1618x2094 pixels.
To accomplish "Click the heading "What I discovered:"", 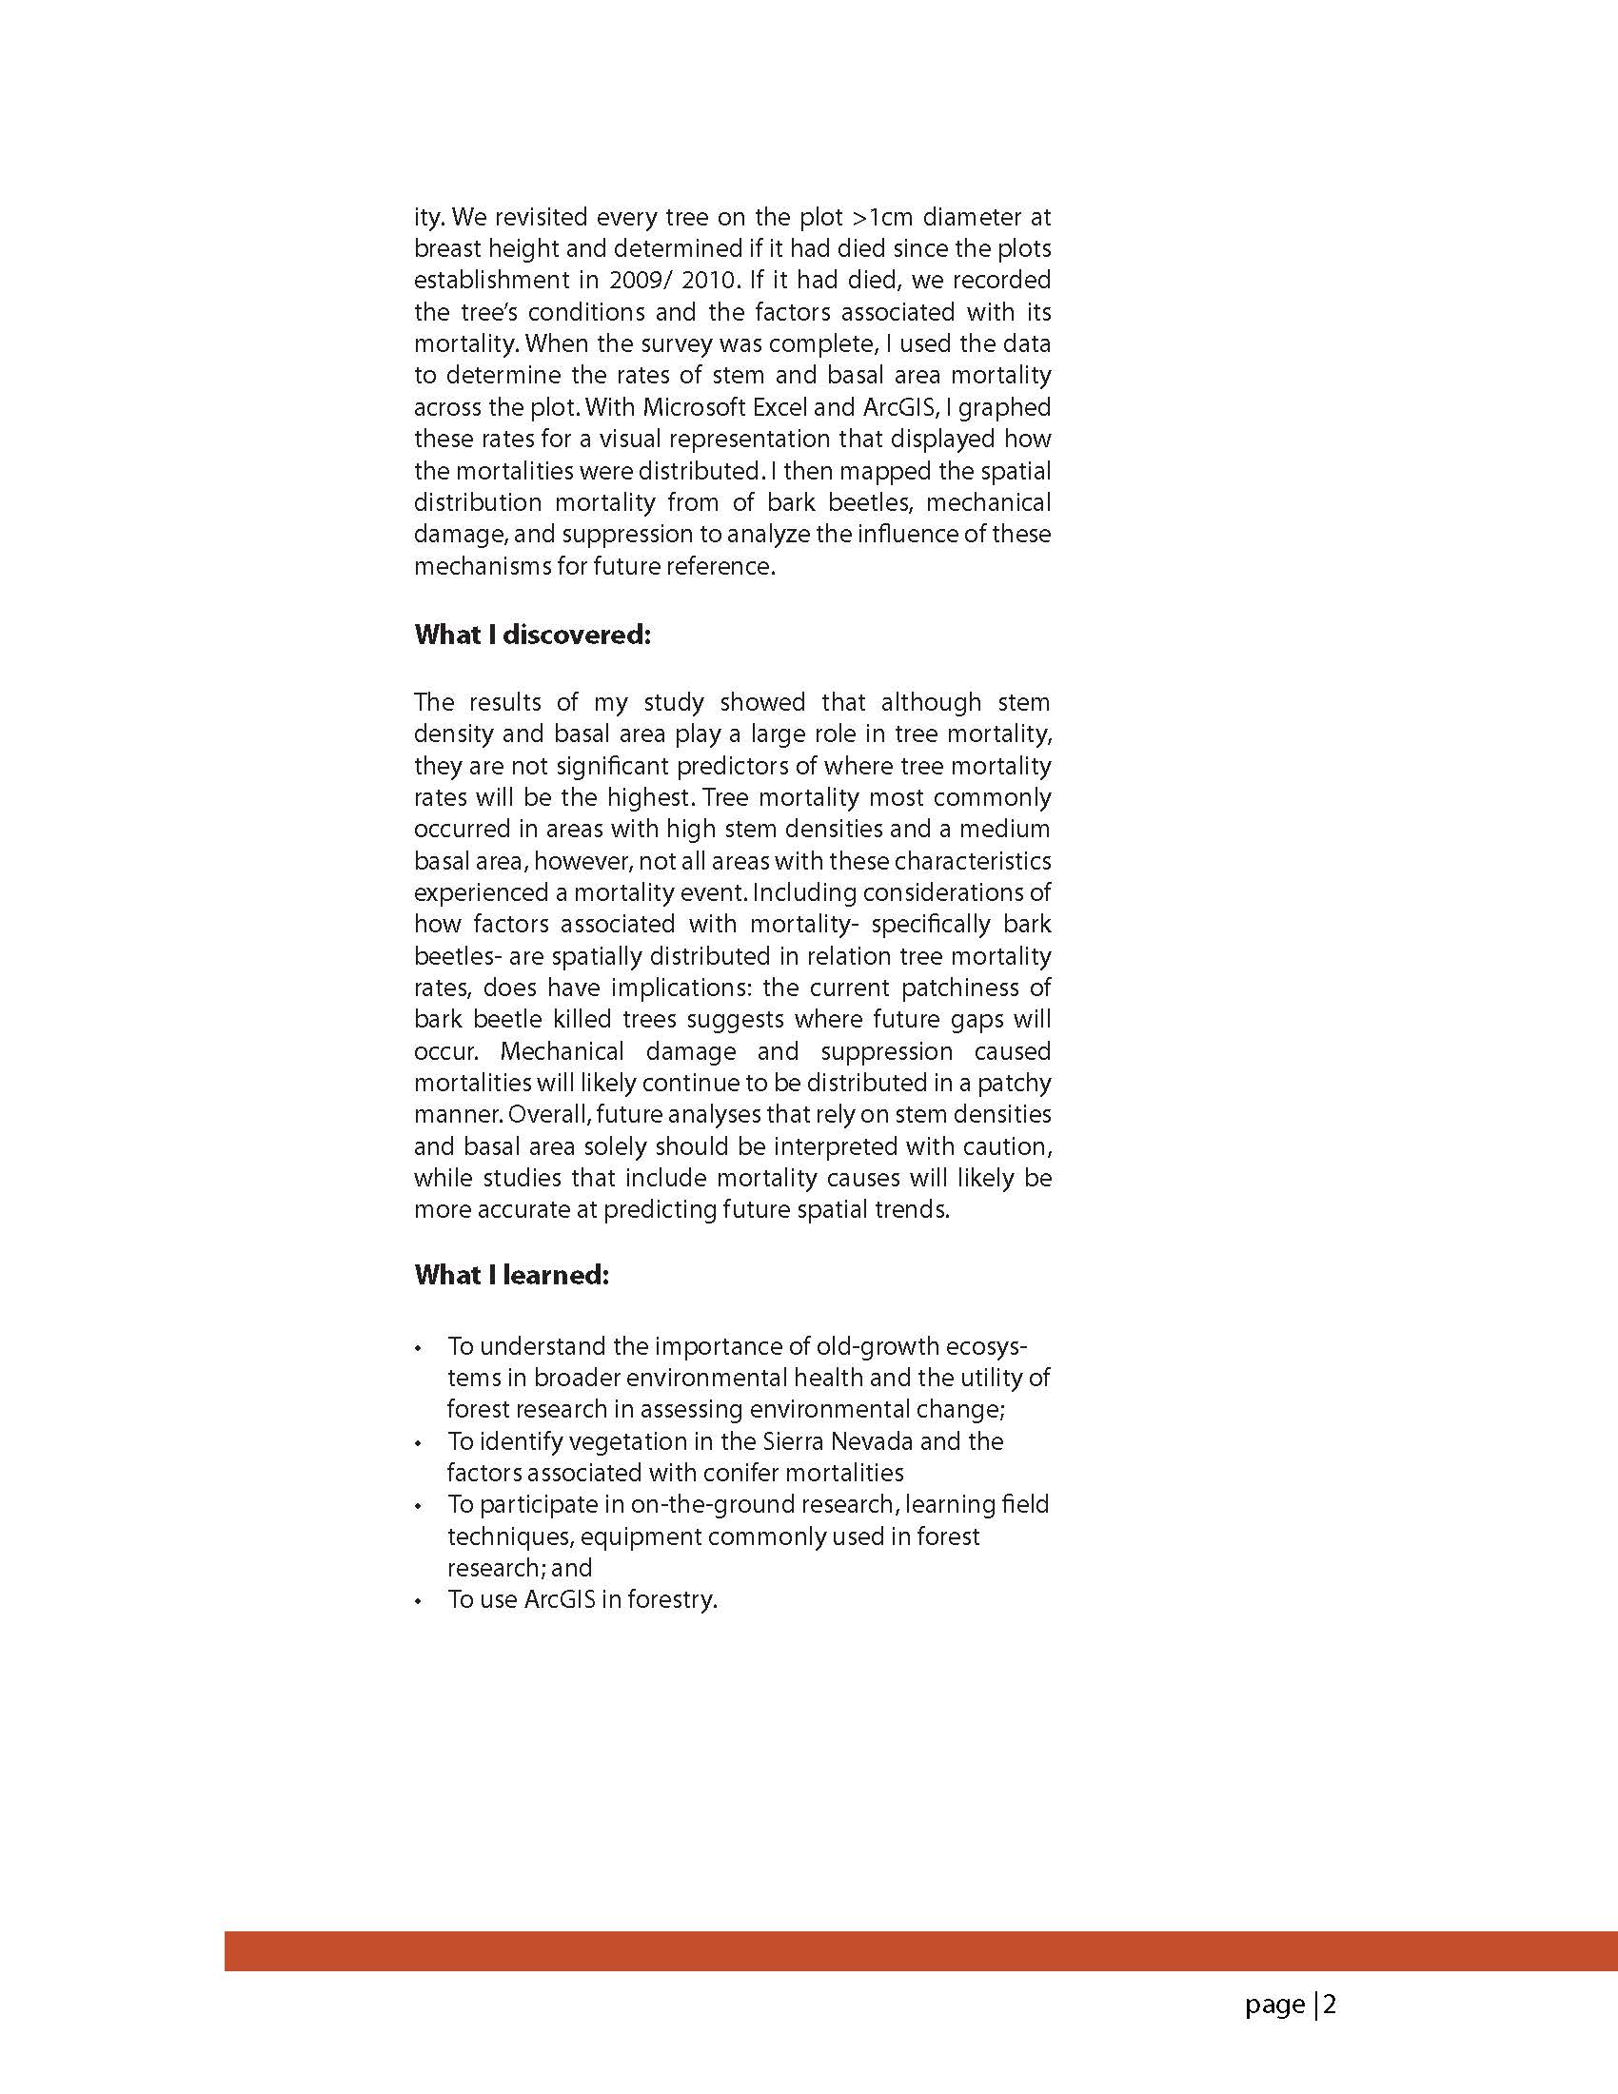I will (x=532, y=635).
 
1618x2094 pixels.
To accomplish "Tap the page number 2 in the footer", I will (x=1331, y=2004).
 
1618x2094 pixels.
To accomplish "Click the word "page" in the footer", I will (x=1274, y=2005).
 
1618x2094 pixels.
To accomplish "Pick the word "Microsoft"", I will (x=695, y=406).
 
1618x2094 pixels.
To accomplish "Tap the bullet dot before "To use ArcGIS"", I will (x=418, y=1601).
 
